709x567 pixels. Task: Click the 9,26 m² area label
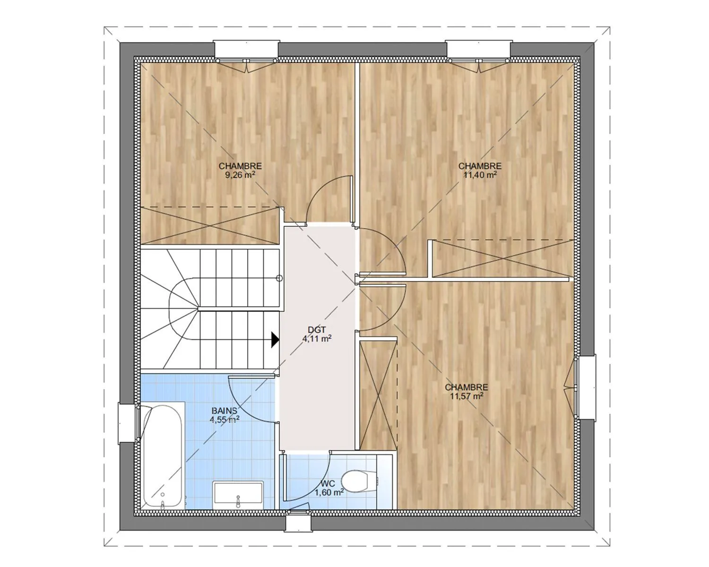click(240, 175)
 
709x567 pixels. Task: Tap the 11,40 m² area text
click(480, 175)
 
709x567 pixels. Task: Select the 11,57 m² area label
click(467, 396)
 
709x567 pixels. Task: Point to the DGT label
click(317, 329)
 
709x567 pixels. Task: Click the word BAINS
click(225, 411)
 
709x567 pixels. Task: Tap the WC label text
click(328, 484)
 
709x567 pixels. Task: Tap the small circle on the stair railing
click(279, 278)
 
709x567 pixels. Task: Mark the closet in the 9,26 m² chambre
click(210, 226)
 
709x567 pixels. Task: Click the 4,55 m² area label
click(225, 420)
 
